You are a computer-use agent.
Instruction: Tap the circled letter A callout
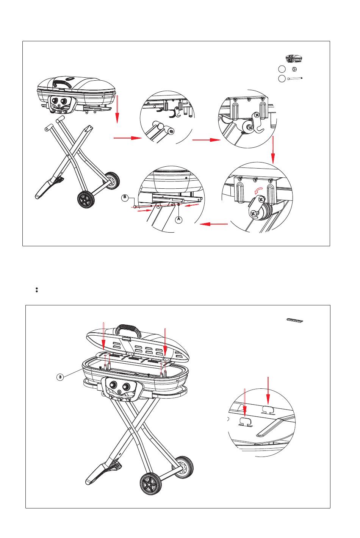[x=179, y=219]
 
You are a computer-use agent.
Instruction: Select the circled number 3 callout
[x=60, y=377]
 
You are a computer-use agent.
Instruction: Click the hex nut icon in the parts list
[x=294, y=69]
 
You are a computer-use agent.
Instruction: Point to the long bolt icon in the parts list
[x=295, y=78]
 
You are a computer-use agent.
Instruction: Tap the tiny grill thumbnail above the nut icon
[x=293, y=58]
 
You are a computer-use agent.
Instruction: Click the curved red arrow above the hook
[x=258, y=191]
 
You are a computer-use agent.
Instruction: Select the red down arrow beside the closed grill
[x=117, y=109]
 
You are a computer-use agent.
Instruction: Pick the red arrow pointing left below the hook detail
[x=213, y=224]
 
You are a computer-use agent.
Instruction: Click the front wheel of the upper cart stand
[x=86, y=199]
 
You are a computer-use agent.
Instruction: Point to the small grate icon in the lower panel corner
[x=295, y=320]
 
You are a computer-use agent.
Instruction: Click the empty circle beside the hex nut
[x=282, y=69]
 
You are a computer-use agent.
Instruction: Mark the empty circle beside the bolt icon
[x=282, y=78]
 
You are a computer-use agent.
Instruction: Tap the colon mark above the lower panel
[x=36, y=290]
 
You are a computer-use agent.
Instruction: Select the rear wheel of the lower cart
[x=184, y=467]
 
